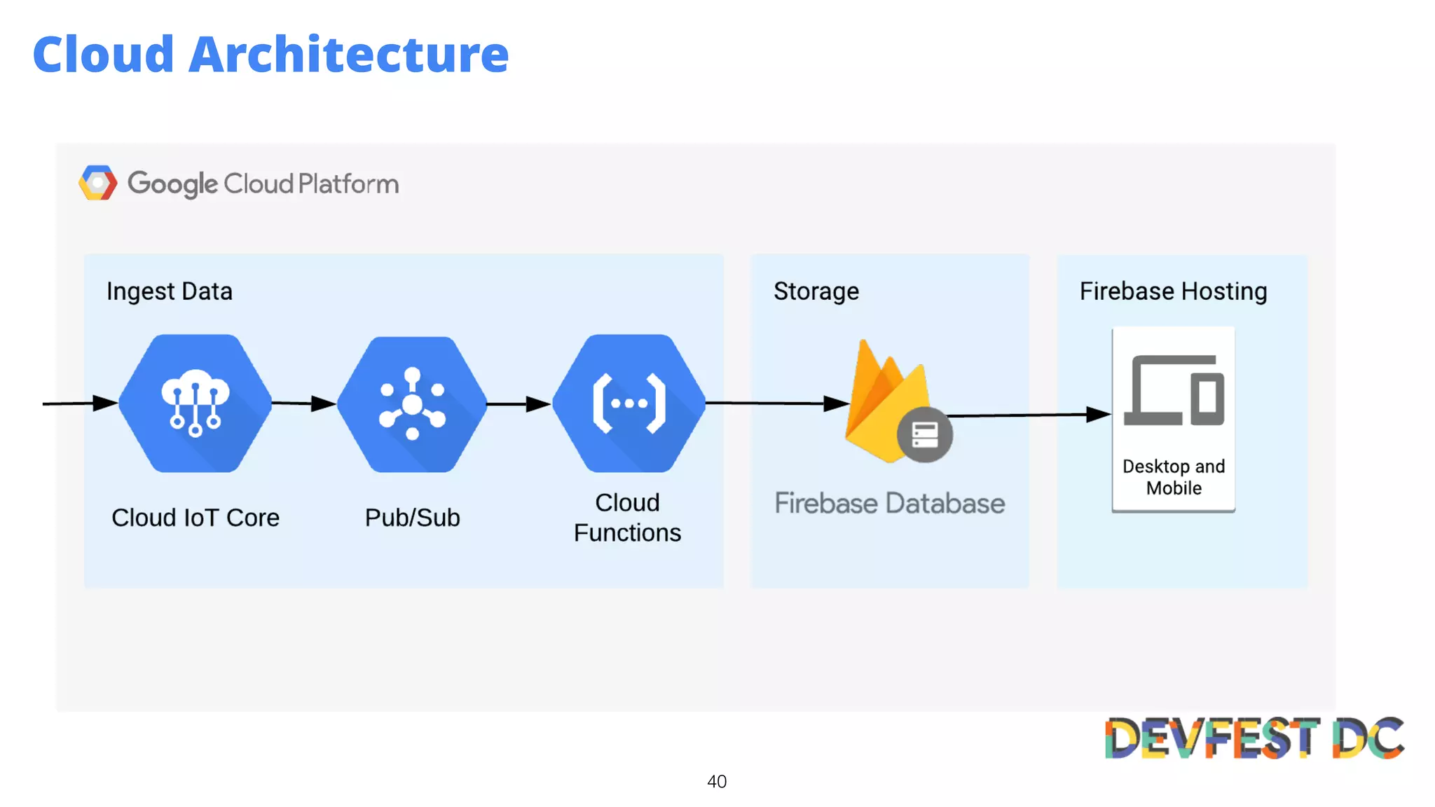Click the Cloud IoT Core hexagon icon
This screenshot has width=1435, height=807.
click(195, 403)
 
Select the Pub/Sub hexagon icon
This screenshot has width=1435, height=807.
click(412, 404)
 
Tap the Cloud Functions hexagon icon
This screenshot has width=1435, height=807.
click(629, 403)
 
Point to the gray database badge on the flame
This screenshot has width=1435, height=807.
click(924, 435)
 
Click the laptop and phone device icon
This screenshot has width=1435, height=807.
click(1174, 391)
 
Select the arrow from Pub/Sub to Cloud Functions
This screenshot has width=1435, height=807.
click(519, 404)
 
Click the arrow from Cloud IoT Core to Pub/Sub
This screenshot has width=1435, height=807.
click(303, 403)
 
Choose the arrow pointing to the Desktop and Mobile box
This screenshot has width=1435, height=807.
click(1030, 415)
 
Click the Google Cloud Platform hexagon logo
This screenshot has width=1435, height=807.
click(97, 183)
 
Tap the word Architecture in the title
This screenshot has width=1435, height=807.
click(348, 55)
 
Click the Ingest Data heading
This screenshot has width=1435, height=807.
click(170, 291)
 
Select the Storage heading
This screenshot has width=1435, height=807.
click(816, 291)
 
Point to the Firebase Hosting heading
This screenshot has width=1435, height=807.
click(1173, 291)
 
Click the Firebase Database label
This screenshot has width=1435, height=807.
click(889, 504)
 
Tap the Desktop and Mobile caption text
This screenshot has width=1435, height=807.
click(1174, 477)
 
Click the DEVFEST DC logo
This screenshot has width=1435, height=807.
click(1254, 738)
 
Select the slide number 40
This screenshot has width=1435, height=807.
click(717, 782)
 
